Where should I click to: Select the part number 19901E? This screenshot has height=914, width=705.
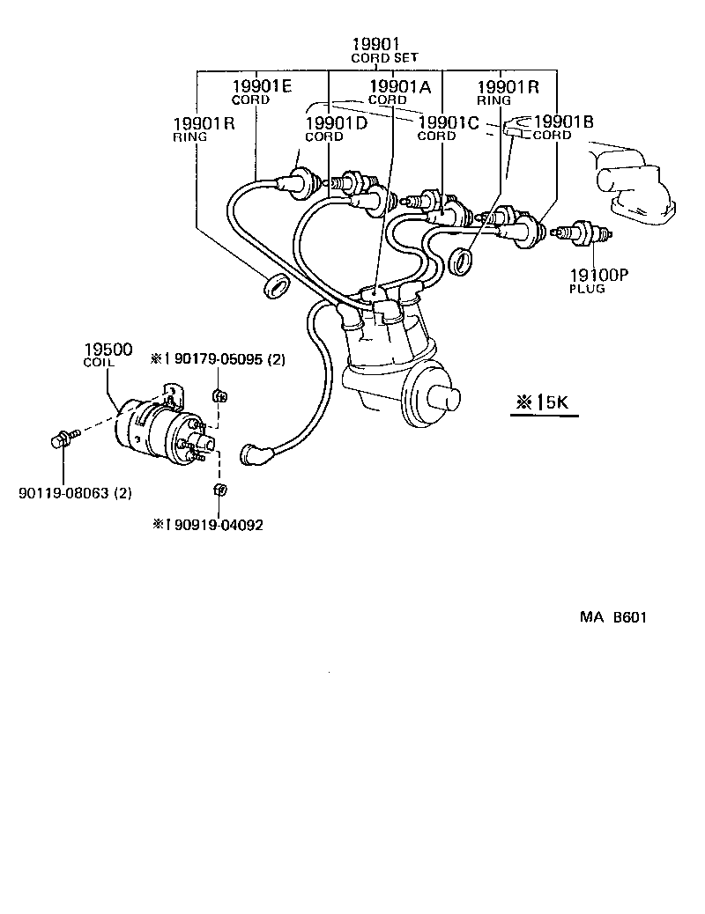coord(262,86)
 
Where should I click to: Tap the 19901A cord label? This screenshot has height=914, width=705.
coord(399,86)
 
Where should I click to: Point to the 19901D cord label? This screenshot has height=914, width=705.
coord(336,123)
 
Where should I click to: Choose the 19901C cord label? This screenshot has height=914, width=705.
coord(449,122)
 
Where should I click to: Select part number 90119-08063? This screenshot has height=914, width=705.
coord(75,493)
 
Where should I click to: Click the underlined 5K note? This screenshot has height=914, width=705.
coord(544,402)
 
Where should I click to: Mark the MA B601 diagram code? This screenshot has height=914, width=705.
coord(612,617)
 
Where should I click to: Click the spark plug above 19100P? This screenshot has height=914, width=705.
coord(582,233)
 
